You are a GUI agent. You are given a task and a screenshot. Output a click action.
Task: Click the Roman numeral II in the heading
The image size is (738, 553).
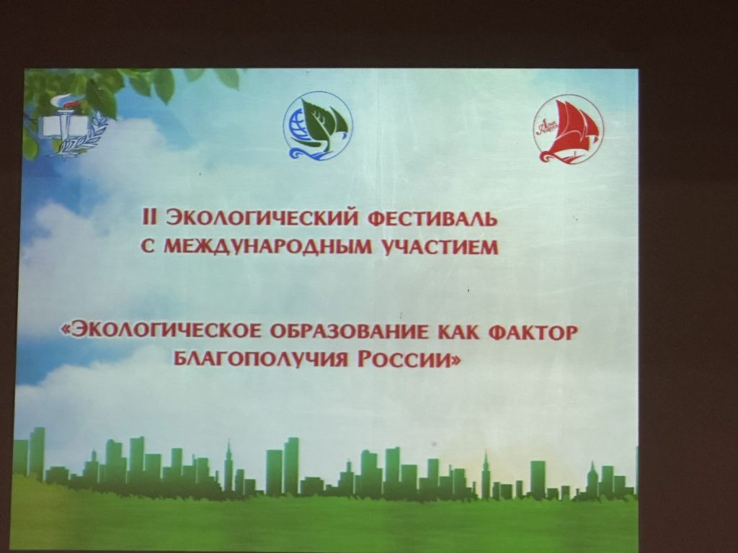coord(148,219)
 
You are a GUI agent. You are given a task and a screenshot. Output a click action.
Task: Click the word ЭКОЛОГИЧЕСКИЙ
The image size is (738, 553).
coord(258,219)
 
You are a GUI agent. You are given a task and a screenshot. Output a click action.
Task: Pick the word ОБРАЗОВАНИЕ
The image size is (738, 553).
coord(349,331)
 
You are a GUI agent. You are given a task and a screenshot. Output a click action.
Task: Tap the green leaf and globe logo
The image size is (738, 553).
coord(317,125)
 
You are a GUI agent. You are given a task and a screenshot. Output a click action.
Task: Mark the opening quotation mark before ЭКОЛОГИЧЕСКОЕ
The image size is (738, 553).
coord(66,332)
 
